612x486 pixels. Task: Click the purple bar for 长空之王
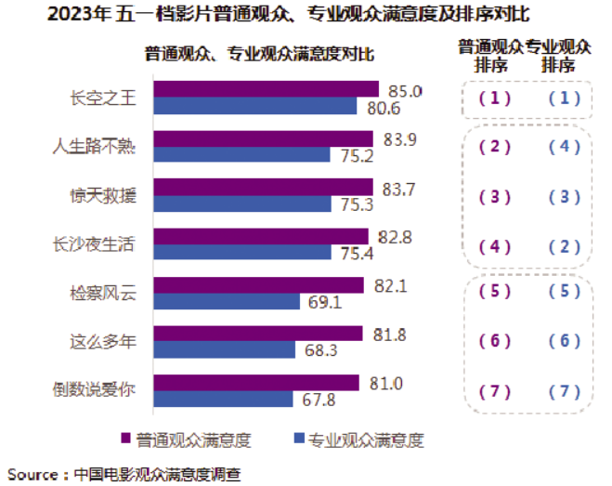[x=266, y=89]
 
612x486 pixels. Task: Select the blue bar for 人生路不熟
[x=241, y=154]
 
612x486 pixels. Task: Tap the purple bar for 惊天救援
[x=263, y=187]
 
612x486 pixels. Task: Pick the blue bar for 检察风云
[x=227, y=301]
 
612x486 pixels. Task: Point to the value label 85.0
[x=404, y=91]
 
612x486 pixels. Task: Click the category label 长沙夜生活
[x=102, y=244]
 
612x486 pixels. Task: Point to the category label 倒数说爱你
[x=102, y=390]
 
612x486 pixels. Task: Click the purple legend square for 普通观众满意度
[x=124, y=439]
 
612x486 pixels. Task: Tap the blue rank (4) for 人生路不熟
[x=564, y=147]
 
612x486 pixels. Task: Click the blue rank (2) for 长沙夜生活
[x=564, y=245]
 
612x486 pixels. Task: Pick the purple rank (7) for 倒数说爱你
[x=493, y=391]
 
